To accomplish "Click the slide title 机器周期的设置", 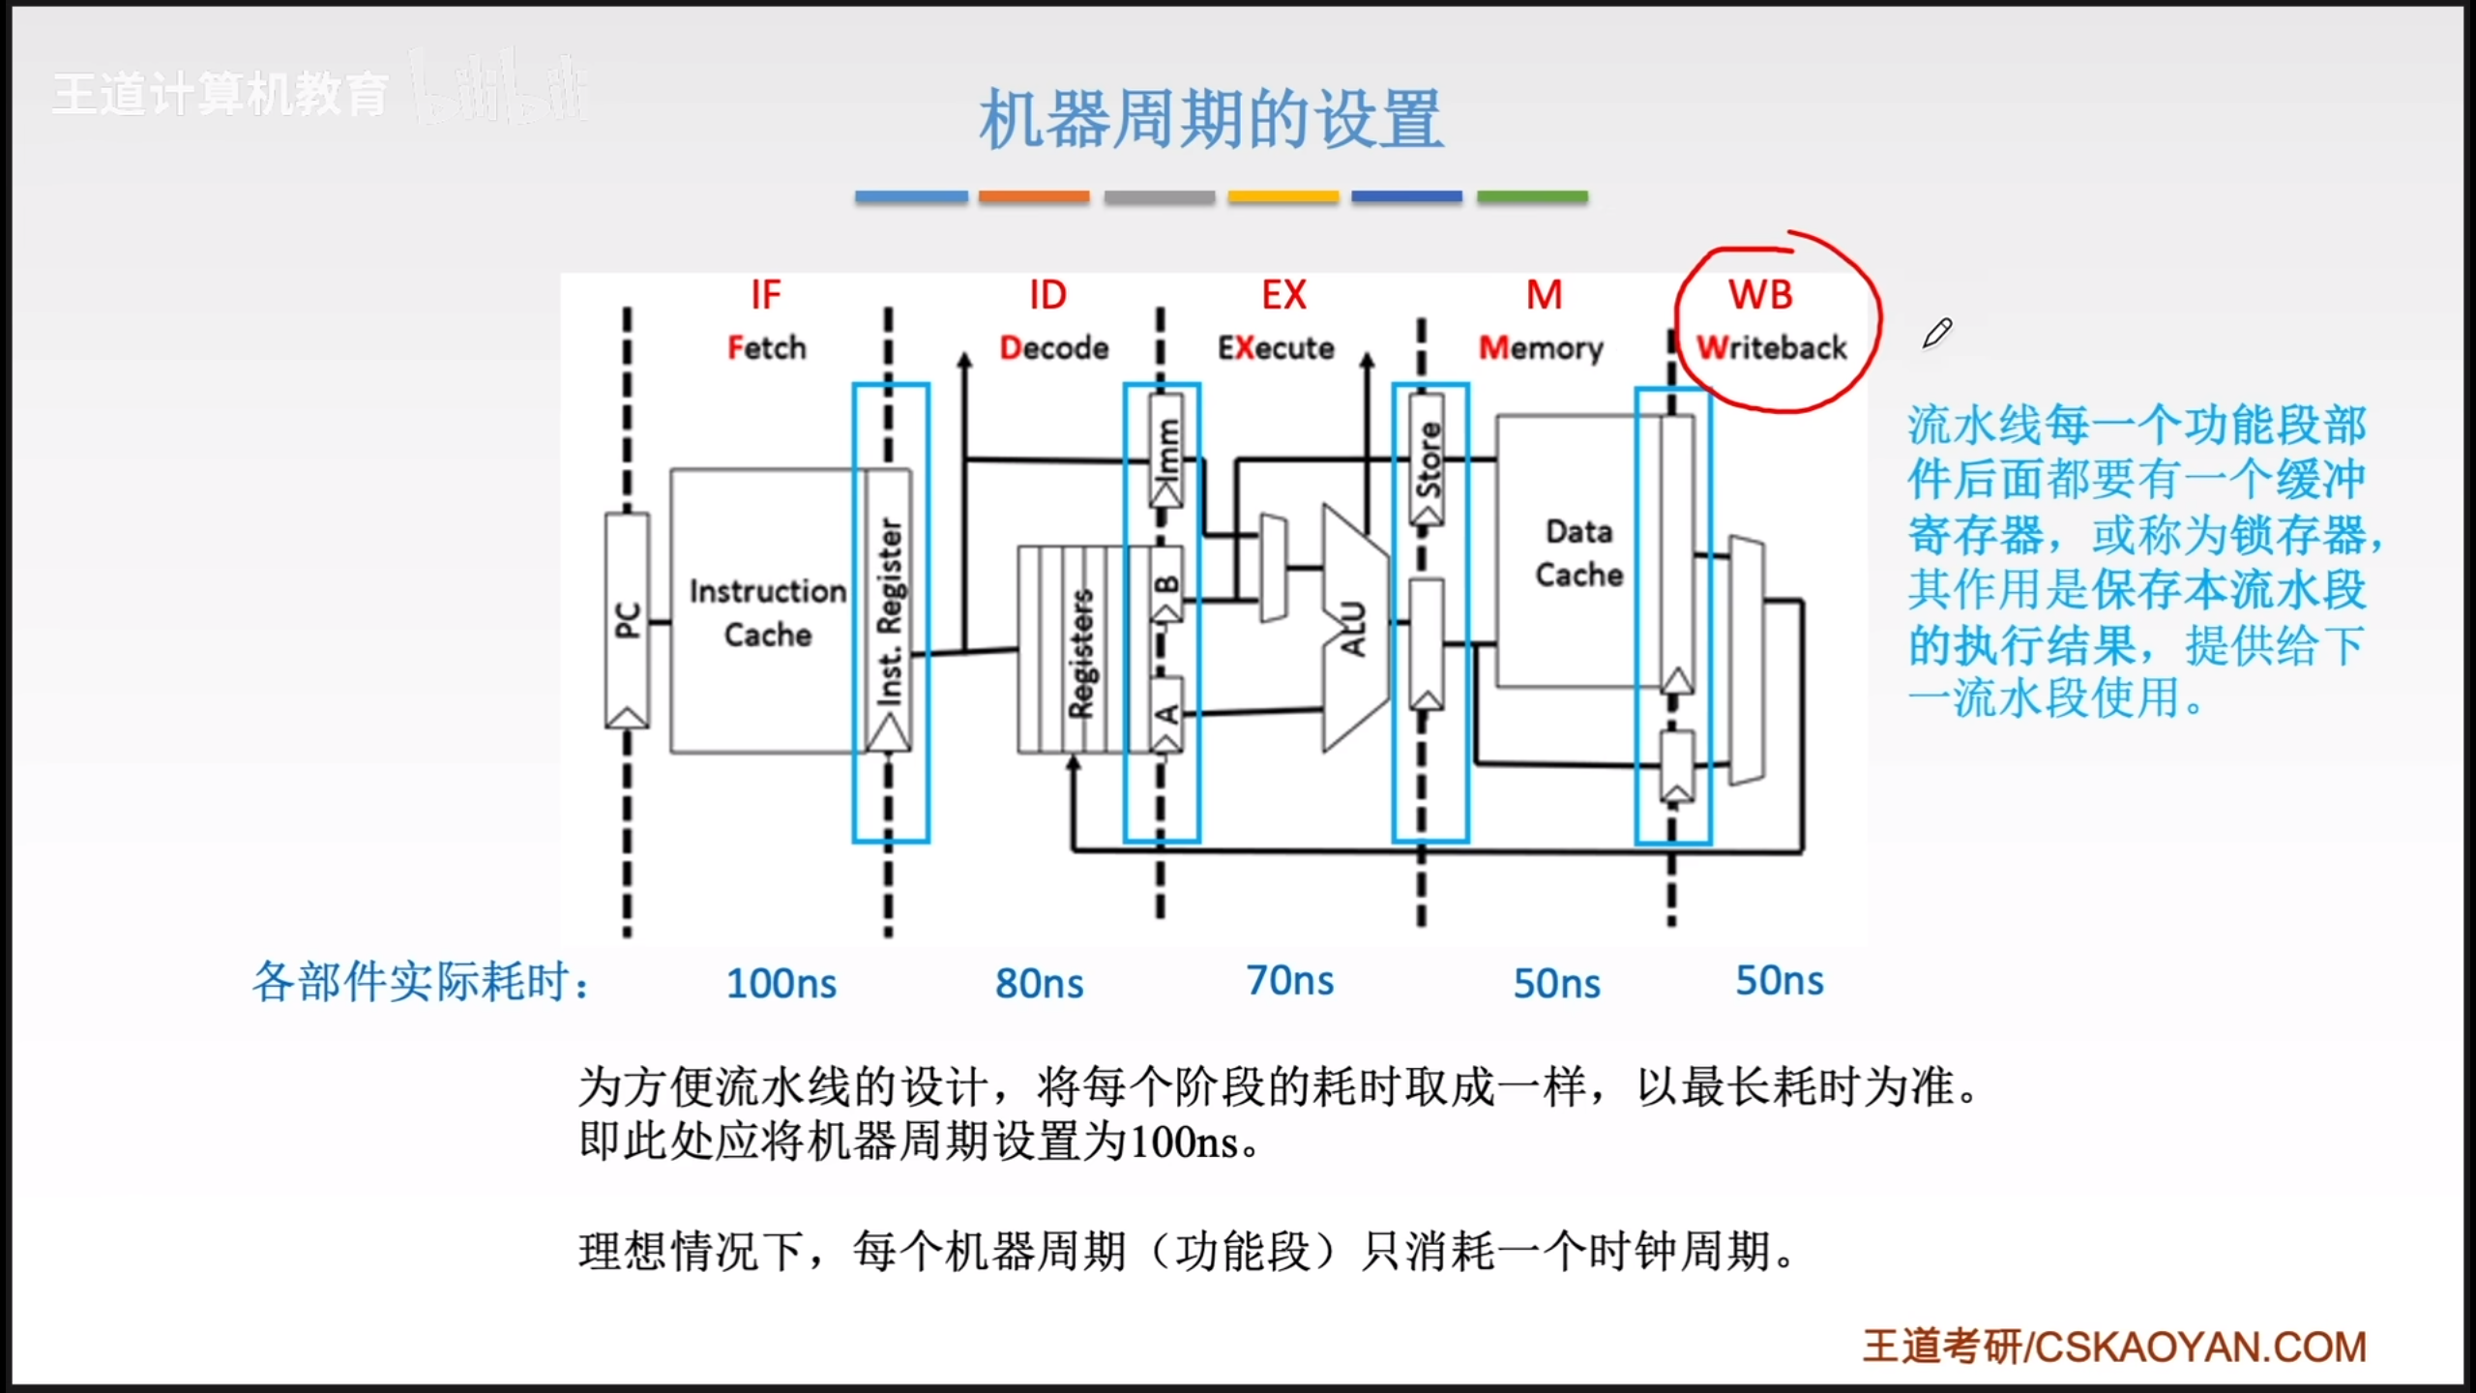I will [x=1211, y=119].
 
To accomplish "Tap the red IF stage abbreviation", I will [x=765, y=295].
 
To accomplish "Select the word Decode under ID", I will [x=1053, y=347].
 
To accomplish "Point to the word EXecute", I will [x=1276, y=347].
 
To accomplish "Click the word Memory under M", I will [x=1541, y=347].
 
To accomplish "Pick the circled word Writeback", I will [x=1772, y=347].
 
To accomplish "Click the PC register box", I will [x=627, y=620].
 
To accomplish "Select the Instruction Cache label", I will [x=768, y=612].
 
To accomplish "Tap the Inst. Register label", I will [x=889, y=612].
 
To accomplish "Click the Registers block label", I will [x=1080, y=654].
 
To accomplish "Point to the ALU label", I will [x=1354, y=629].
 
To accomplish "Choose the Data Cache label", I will [x=1578, y=552].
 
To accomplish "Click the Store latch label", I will [x=1429, y=459].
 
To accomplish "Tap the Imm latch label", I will [x=1167, y=447].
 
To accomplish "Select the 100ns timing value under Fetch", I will [x=781, y=983].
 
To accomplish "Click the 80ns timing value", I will [x=1040, y=983].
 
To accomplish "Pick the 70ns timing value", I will [x=1290, y=981].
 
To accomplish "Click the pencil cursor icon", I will [x=1937, y=333].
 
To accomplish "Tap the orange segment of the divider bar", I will [x=1034, y=196].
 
